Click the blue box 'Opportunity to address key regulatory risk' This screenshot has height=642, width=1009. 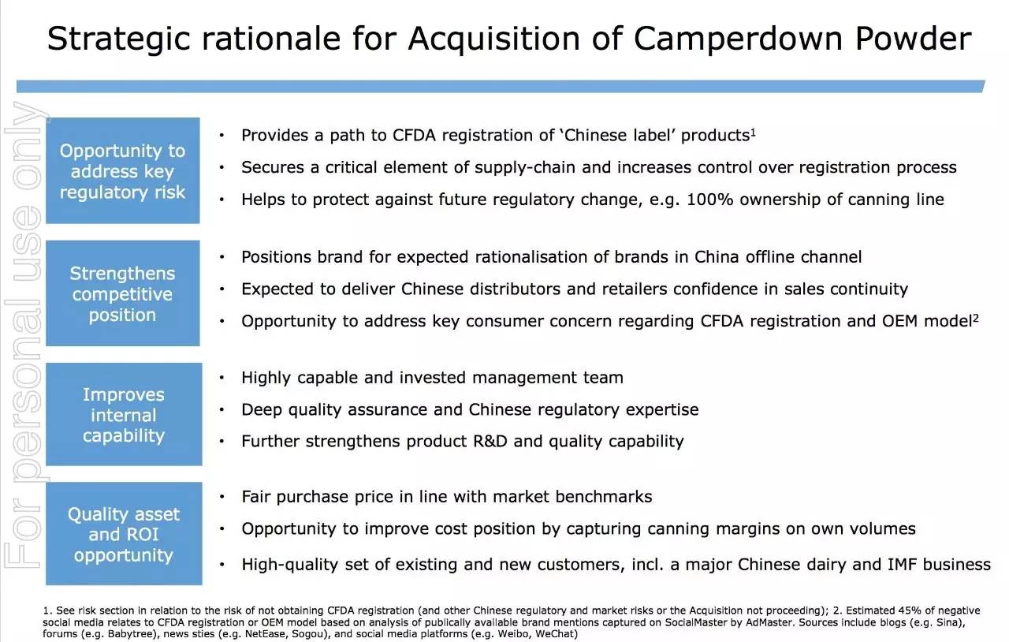(122, 171)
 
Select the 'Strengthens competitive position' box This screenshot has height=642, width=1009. (122, 293)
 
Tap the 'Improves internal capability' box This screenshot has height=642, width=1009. (123, 414)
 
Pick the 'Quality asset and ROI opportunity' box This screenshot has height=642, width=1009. (123, 534)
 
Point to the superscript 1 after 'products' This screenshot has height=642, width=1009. (754, 131)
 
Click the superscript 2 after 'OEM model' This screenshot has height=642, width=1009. (975, 317)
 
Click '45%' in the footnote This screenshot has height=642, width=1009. (896, 610)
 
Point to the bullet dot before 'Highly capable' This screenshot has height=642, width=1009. (223, 379)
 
